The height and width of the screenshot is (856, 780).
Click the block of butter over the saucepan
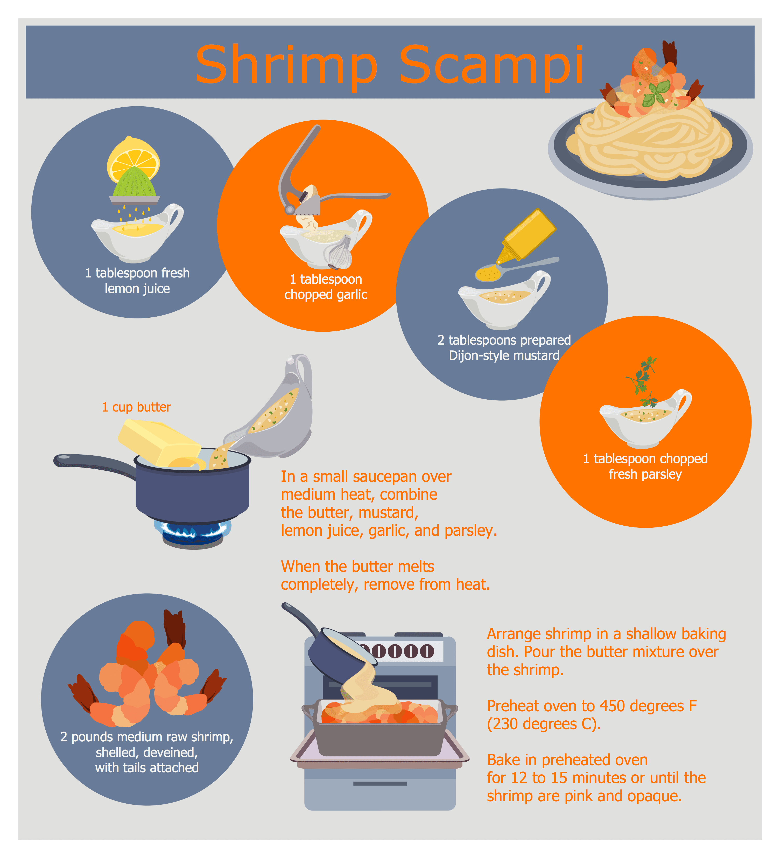158,442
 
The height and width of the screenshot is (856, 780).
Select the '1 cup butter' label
136,407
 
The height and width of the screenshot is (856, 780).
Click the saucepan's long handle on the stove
93,462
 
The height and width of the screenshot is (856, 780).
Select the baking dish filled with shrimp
380,730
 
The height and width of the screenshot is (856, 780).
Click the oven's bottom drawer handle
380,783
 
